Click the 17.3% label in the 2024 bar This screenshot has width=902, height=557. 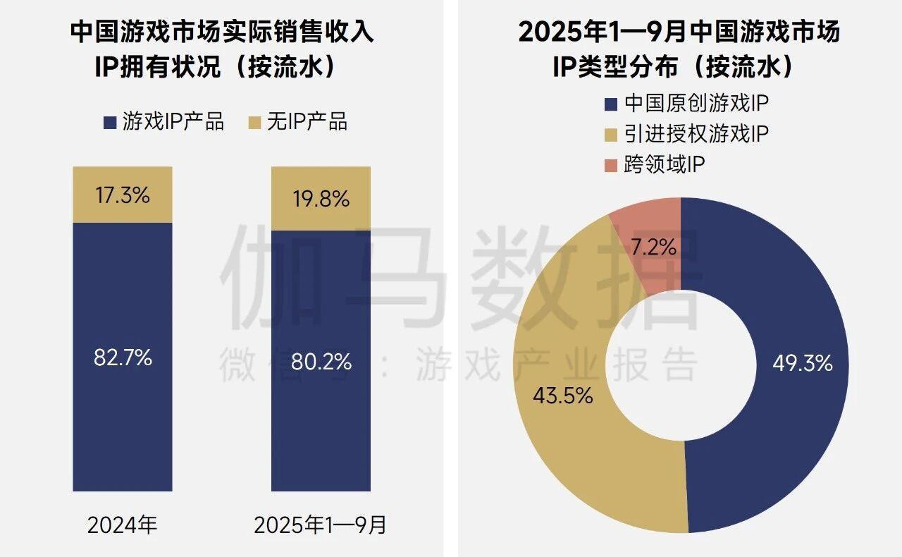tap(123, 195)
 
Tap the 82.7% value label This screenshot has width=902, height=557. tap(123, 357)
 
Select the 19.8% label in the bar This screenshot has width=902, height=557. tap(321, 199)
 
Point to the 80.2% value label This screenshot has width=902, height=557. tap(321, 362)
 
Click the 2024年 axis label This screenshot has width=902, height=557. tap(123, 525)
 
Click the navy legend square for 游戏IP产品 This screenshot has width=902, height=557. tap(109, 122)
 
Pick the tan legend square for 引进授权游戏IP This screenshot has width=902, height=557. tap(610, 135)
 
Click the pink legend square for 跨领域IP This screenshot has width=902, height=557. tap(610, 165)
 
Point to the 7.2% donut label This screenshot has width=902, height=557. tap(654, 247)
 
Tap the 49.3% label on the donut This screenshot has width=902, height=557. tap(803, 364)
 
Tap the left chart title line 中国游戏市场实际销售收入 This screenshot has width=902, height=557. tap(221, 33)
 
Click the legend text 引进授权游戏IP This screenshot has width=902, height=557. tap(696, 135)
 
